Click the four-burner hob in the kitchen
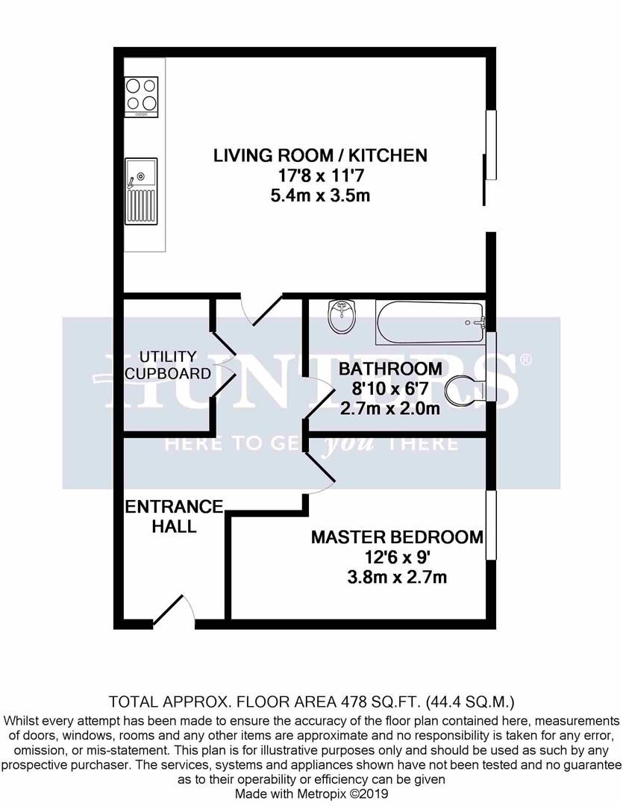(141, 97)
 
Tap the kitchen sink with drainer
(141, 191)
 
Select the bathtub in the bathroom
(431, 323)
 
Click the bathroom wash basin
(342, 319)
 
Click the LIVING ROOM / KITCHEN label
(320, 156)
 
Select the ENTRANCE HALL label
(174, 516)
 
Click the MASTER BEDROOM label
(396, 537)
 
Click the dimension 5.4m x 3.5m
(320, 196)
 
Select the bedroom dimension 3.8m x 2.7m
(396, 578)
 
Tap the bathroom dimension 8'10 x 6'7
(389, 390)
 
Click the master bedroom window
(490, 526)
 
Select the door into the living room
(257, 310)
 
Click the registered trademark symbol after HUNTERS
(525, 360)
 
